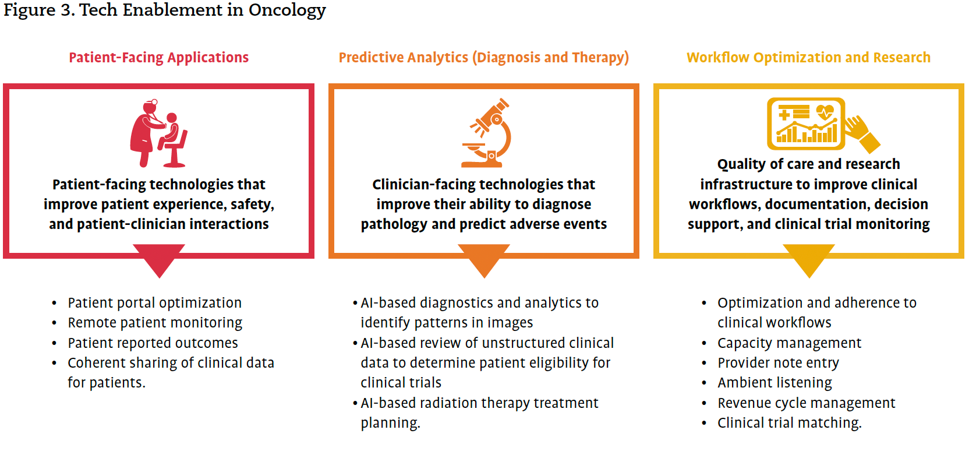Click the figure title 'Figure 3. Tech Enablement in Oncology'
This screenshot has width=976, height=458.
click(x=165, y=10)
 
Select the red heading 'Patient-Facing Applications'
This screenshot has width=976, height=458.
click(x=158, y=58)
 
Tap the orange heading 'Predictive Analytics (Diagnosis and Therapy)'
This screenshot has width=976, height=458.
click(x=484, y=58)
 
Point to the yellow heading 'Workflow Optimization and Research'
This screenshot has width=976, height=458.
click(x=808, y=58)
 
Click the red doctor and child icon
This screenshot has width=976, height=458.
click(x=158, y=133)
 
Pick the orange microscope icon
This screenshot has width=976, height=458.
click(x=486, y=133)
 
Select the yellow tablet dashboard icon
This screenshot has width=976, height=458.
click(x=806, y=124)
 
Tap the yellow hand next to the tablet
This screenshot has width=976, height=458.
click(x=862, y=133)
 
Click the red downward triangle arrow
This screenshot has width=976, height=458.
click(x=159, y=260)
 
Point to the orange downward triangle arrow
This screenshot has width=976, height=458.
click(x=484, y=260)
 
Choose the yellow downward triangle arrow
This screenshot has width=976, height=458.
click(x=809, y=260)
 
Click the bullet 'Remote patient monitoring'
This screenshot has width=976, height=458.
click(x=155, y=323)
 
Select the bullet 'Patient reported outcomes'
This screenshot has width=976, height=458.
click(x=153, y=343)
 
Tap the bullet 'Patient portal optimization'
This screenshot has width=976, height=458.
click(x=154, y=303)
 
